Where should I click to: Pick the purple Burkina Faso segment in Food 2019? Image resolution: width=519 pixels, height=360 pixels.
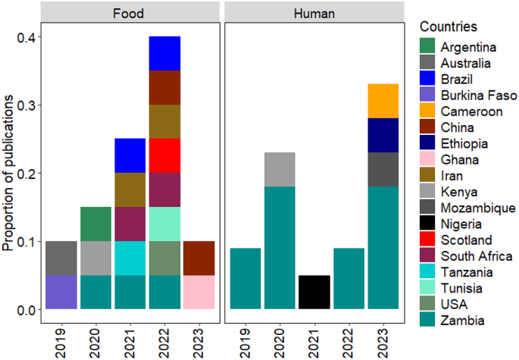coord(61,293)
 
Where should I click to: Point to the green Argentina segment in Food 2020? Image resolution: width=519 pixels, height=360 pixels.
coord(96,224)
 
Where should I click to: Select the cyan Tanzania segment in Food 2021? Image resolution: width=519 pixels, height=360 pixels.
coord(130,258)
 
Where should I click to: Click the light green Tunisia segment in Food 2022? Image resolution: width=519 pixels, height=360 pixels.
coord(164,224)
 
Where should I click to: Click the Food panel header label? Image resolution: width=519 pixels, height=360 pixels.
coord(130,12)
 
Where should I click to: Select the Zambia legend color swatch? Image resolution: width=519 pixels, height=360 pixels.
coord(429,321)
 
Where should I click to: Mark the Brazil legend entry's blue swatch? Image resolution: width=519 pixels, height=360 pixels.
coord(429,80)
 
